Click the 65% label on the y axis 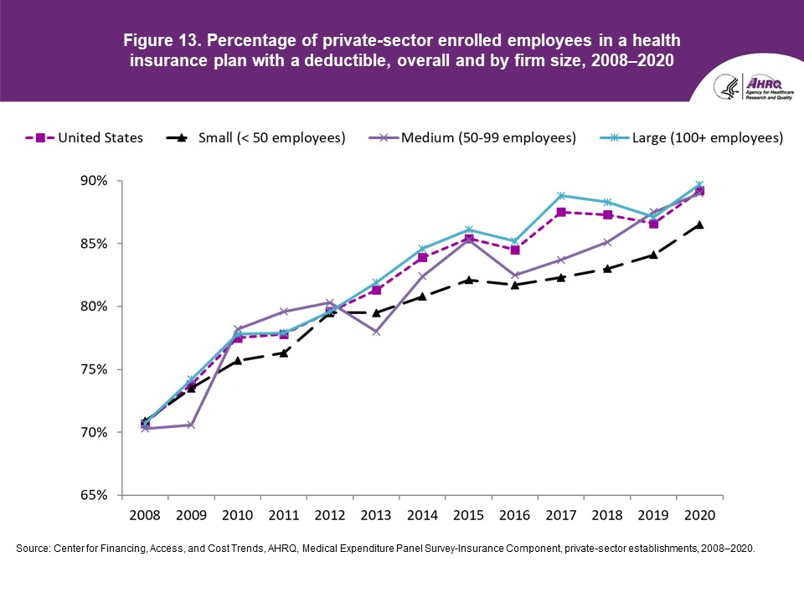(x=95, y=495)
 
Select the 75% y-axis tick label (x=95, y=369)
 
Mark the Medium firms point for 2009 (x=191, y=425)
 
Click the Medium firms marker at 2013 (x=376, y=332)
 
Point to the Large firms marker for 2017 (x=561, y=196)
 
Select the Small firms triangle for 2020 (x=699, y=224)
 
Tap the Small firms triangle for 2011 (x=284, y=353)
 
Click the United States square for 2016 (x=515, y=250)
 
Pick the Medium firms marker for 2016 (x=515, y=275)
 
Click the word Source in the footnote (x=34, y=548)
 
